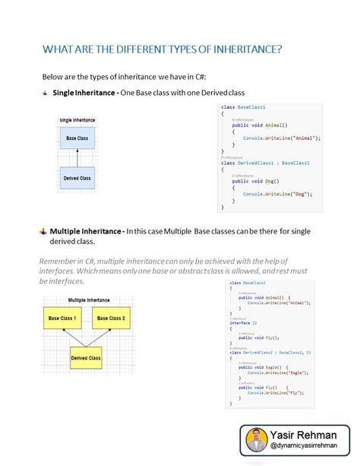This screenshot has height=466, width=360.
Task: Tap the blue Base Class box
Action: (x=77, y=138)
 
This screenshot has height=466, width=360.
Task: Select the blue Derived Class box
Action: (x=77, y=179)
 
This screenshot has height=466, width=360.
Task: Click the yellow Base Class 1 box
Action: (x=63, y=318)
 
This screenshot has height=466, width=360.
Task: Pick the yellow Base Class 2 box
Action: (x=110, y=318)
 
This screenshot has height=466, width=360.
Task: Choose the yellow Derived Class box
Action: (x=86, y=357)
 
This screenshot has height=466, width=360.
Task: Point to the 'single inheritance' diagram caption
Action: (x=77, y=121)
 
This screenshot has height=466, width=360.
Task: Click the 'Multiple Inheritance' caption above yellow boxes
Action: (x=88, y=300)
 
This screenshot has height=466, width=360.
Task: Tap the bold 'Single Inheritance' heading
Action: (x=84, y=93)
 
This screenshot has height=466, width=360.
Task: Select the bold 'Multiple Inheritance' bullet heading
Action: (x=86, y=231)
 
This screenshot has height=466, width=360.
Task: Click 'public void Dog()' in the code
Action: (x=256, y=181)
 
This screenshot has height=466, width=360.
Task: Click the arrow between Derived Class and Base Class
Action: (x=77, y=158)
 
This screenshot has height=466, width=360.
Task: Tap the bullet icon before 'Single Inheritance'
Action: (x=45, y=93)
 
